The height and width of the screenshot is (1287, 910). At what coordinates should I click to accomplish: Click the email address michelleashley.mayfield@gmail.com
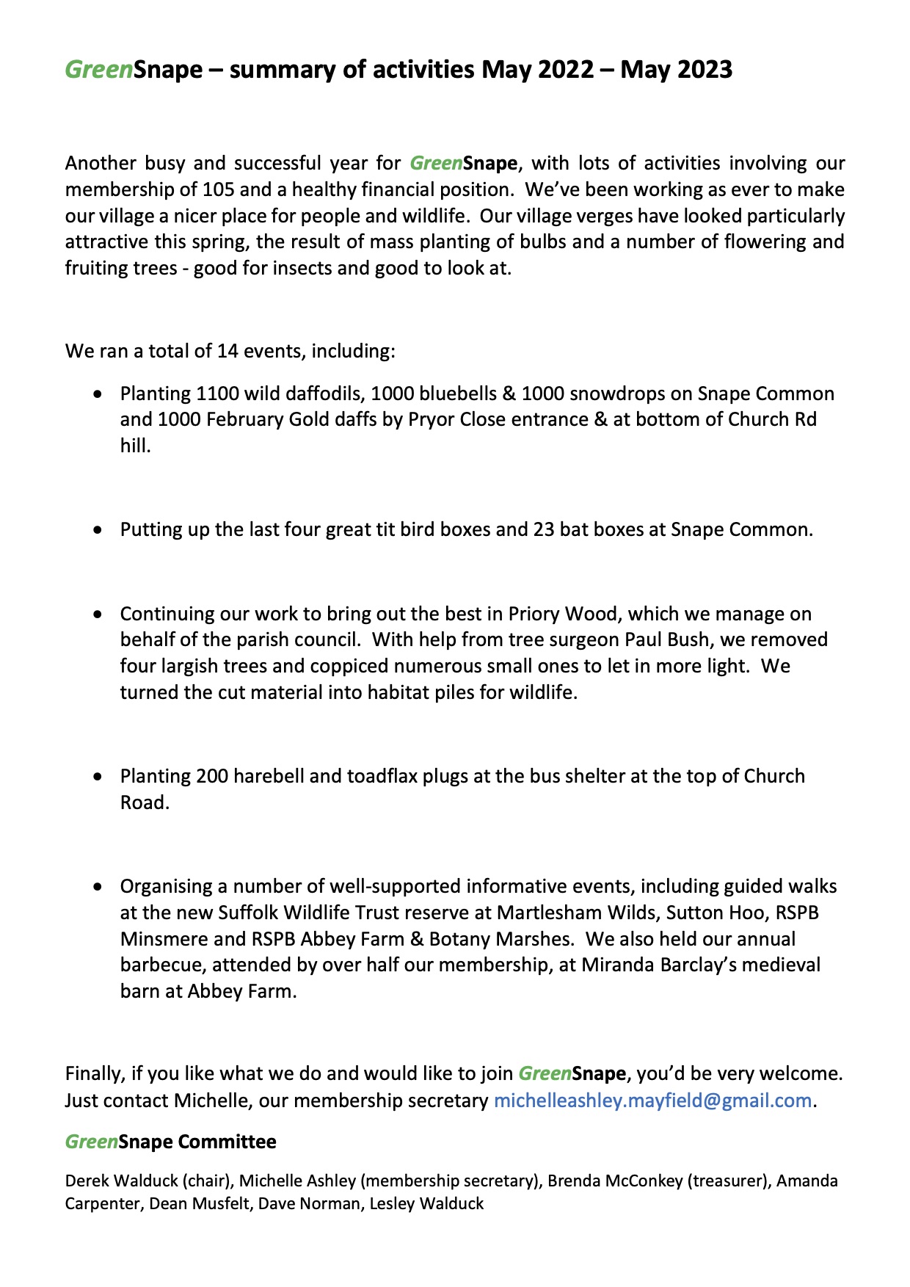coord(652,1101)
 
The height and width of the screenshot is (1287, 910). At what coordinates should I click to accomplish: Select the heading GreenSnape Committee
coord(171,1142)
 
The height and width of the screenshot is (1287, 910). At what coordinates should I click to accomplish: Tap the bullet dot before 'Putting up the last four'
coord(98,530)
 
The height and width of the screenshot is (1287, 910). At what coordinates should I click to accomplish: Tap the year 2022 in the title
coord(565,70)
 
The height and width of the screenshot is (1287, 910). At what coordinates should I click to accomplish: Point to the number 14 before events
coord(227,351)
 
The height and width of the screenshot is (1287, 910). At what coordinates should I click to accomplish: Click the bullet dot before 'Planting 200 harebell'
coord(98,777)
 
